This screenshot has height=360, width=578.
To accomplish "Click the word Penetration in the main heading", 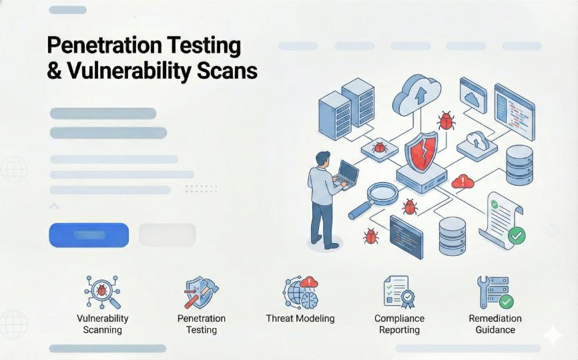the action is tap(104, 45).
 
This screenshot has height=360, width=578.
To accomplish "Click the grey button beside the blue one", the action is tap(167, 234).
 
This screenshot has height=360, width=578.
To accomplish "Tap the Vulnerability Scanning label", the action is tap(103, 324).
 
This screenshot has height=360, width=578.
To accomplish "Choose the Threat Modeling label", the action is tap(300, 319).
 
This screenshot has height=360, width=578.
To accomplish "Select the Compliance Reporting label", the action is tap(399, 324).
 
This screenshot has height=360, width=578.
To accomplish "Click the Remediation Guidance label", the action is tap(495, 324).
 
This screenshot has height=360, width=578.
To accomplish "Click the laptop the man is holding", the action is tap(347, 174).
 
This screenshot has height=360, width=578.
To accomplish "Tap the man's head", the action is tap(323, 159).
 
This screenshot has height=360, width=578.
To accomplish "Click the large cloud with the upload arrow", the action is tap(416, 95).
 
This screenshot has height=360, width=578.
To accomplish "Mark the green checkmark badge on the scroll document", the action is tap(517, 235).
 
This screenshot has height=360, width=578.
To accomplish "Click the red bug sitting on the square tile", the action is tap(379, 148).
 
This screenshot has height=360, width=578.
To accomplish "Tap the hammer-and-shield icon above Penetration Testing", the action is tap(201, 293).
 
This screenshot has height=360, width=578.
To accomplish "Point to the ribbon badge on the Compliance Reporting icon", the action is tap(407, 298).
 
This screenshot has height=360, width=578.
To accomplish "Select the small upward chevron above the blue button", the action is tap(54, 206).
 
